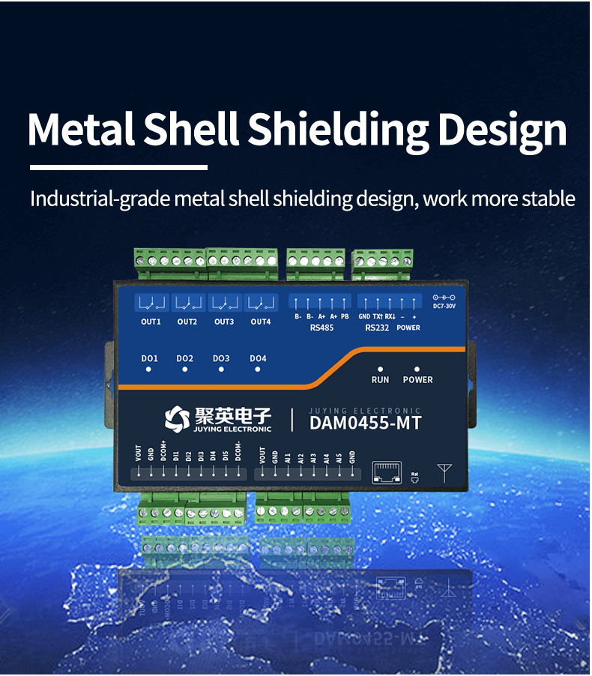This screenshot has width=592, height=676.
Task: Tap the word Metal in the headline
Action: tap(81, 130)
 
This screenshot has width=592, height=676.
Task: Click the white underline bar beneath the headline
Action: tap(118, 167)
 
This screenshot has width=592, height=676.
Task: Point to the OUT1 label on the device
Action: tap(151, 322)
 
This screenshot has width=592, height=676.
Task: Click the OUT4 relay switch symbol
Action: tap(260, 304)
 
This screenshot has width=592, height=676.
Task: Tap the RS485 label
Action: tap(321, 328)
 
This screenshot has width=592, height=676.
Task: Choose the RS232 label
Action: tap(377, 328)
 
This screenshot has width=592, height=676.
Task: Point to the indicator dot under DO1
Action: tap(150, 369)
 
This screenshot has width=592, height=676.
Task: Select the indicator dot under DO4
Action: tap(258, 369)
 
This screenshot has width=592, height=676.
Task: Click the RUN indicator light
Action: tap(381, 369)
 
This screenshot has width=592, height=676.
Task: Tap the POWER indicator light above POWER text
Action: tap(417, 369)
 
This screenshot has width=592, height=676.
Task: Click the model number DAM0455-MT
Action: tap(365, 423)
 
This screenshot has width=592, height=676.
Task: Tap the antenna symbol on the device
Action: tap(446, 472)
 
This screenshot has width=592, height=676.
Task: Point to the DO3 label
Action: tap(221, 358)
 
